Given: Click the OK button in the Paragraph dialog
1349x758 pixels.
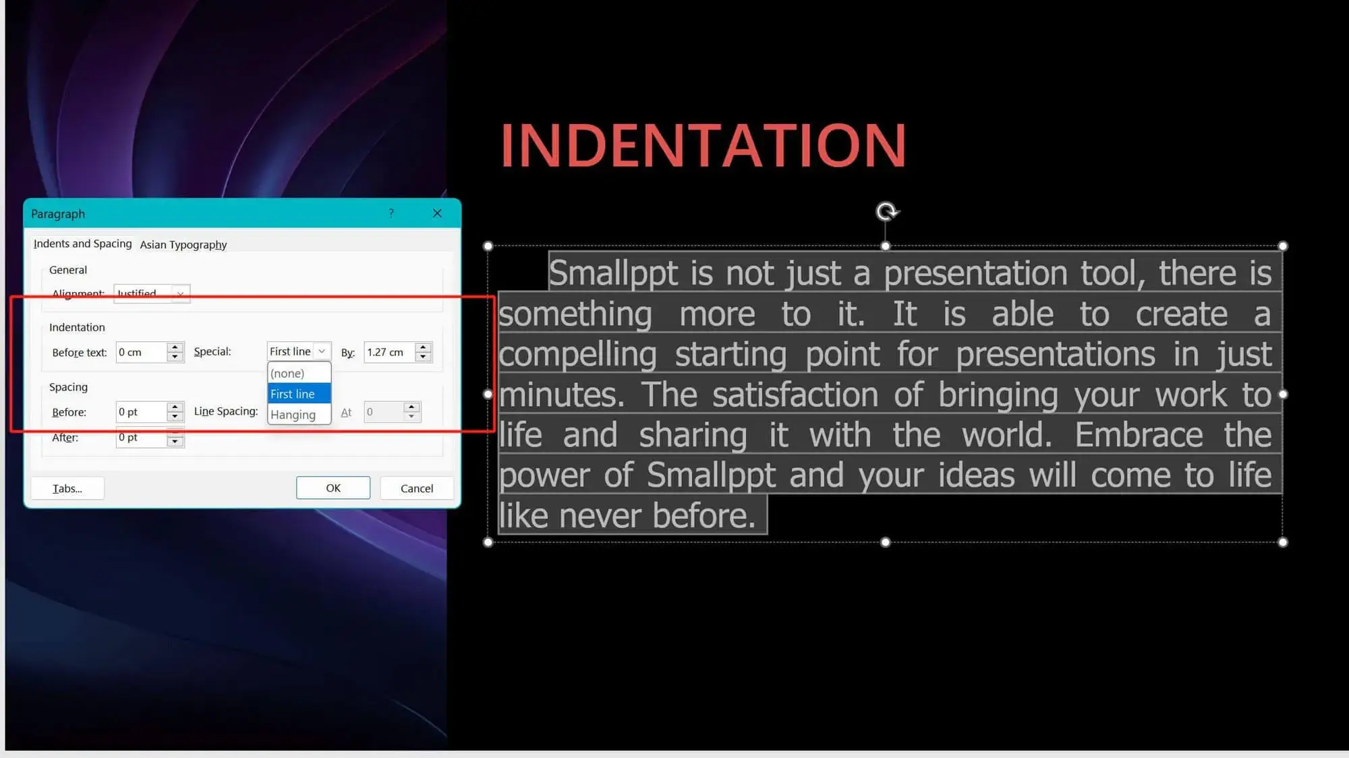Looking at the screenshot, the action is point(333,488).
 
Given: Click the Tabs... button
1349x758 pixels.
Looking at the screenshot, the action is point(67,488).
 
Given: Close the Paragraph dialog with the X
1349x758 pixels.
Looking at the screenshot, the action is point(437,213).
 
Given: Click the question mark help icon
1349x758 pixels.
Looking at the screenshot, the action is point(391,213).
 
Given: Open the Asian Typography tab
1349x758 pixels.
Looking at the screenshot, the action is point(183,244).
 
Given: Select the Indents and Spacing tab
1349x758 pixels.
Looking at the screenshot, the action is point(82,243).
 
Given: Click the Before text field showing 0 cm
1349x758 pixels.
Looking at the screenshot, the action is point(142,352).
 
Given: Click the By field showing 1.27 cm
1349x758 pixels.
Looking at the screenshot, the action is point(390,352).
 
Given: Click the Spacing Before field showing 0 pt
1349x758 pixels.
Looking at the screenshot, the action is point(142,411).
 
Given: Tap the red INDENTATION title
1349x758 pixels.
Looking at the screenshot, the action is point(704,145).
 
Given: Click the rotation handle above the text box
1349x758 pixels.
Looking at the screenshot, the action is point(886,212).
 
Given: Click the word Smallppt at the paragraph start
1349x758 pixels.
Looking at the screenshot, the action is point(613,273).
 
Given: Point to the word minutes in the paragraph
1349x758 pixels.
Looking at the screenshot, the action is point(561,395).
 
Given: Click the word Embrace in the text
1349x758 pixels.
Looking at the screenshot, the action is point(1139,435).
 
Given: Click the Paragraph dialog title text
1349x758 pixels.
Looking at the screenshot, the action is point(58,214).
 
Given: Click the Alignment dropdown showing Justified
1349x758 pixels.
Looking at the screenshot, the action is point(152,293).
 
